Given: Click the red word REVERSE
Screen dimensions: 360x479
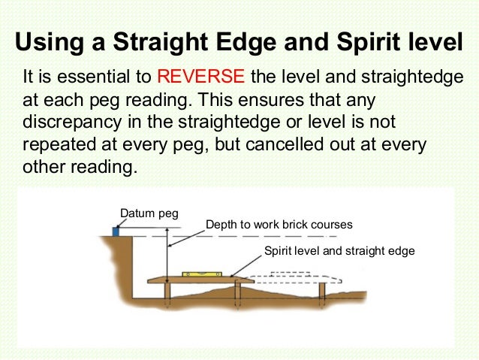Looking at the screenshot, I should [200, 77].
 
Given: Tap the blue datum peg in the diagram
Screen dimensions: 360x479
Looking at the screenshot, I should [116, 231].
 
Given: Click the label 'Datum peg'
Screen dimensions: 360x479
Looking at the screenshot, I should [149, 213].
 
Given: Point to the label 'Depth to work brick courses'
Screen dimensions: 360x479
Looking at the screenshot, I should [279, 224].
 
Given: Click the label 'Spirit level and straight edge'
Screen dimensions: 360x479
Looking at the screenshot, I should [339, 250].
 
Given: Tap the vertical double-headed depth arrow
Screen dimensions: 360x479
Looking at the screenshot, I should [169, 256].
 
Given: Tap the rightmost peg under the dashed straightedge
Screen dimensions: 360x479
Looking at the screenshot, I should [323, 292].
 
